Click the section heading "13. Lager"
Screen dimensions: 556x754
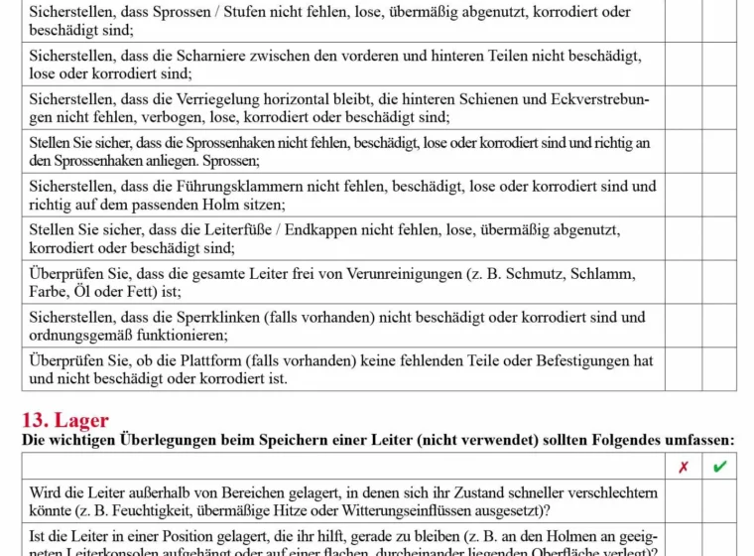[65, 419]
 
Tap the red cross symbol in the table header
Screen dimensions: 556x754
[683, 467]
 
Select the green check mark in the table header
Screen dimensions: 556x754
[719, 467]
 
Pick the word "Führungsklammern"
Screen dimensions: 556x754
[259, 187]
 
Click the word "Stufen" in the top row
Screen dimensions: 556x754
[261, 13]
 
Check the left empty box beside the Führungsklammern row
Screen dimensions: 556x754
[683, 196]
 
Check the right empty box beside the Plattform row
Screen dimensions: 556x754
[719, 369]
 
